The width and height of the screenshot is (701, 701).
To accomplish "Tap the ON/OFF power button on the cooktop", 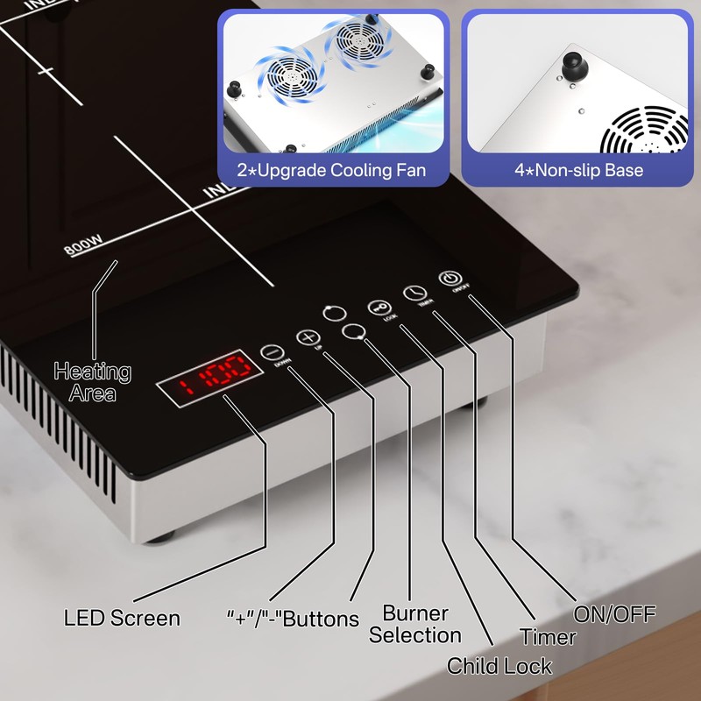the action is point(450,279).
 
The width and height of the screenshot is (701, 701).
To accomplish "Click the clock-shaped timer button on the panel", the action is point(414,294).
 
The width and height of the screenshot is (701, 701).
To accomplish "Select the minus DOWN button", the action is point(269,352).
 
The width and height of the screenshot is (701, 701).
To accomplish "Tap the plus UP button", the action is point(305,337).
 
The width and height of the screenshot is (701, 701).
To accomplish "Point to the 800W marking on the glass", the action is point(78,248).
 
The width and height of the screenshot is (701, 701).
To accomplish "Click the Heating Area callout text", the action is point(92,382).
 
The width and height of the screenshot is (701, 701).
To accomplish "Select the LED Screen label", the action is point(122,618).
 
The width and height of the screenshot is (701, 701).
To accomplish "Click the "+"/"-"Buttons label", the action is point(293,619).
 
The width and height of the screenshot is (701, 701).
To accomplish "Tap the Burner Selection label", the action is point(414,624).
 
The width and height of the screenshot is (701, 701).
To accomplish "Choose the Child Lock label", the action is point(499,666).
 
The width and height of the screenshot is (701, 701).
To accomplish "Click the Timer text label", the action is point(548,637).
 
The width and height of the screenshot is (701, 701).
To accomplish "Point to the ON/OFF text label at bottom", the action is point(614,614).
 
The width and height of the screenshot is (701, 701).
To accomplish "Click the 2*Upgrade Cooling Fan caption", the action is point(331,169).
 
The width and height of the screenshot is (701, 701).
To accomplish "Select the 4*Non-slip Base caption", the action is point(578,169).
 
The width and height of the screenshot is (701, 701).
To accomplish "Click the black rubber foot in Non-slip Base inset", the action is point(573,67).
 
